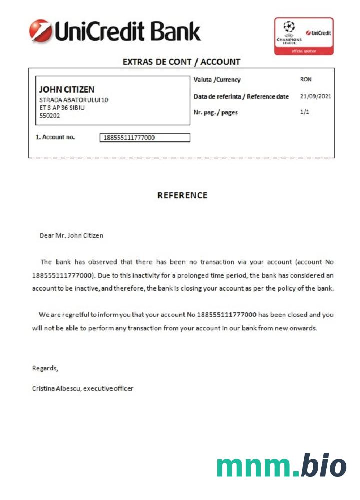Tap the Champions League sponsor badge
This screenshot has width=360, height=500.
click(x=303, y=36)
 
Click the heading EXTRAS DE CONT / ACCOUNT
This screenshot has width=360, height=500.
click(x=181, y=62)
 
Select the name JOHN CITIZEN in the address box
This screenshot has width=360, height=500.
click(x=66, y=90)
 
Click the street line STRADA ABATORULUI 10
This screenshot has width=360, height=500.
click(x=74, y=100)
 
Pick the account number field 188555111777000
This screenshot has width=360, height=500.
click(x=145, y=138)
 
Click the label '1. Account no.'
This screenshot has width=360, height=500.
click(x=55, y=137)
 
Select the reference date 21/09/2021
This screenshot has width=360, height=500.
click(x=315, y=96)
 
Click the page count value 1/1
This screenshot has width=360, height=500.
click(x=305, y=112)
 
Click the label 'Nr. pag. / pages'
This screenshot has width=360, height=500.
click(x=215, y=112)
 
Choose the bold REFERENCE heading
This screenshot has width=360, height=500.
click(x=182, y=195)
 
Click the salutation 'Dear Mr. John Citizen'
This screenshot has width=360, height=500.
click(x=71, y=235)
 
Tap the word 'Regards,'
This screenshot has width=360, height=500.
click(x=45, y=369)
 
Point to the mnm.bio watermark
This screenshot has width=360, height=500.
click(x=281, y=466)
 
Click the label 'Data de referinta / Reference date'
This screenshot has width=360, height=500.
click(x=241, y=96)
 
